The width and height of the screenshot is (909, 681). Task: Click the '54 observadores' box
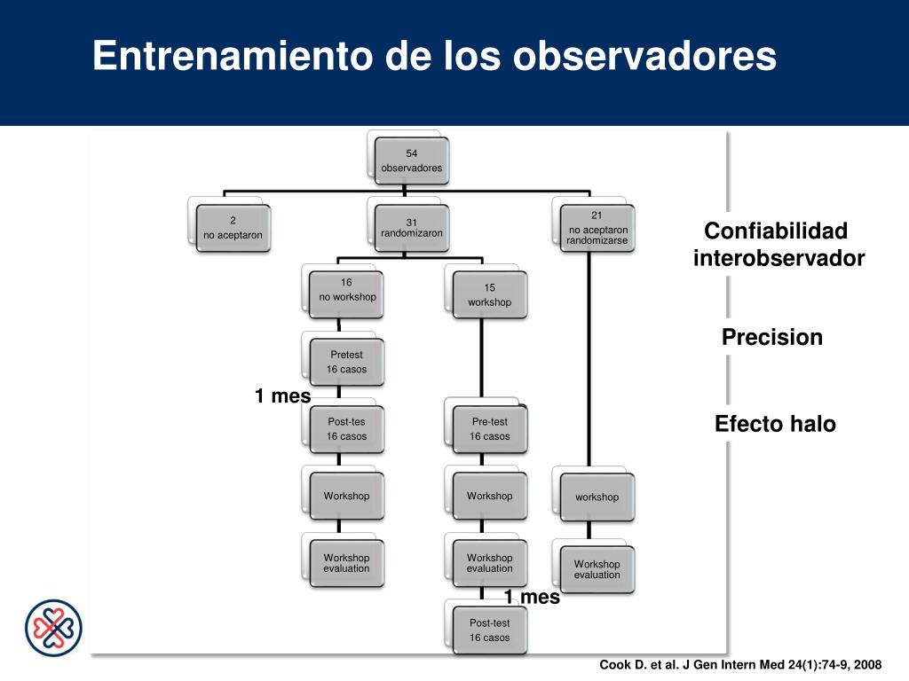(x=411, y=160)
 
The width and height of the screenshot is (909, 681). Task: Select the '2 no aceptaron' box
(x=233, y=229)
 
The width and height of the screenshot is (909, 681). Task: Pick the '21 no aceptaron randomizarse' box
(x=597, y=228)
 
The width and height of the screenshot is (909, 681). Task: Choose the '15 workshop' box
(x=489, y=296)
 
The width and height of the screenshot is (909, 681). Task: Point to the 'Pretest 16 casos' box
(x=346, y=362)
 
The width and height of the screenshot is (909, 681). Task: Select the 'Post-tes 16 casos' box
(x=346, y=429)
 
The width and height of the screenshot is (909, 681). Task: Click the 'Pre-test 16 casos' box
(x=489, y=429)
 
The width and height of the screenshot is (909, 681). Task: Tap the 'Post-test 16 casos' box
(x=489, y=630)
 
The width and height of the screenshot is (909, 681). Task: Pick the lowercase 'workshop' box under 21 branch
(x=597, y=497)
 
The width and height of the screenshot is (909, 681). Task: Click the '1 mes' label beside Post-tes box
(x=282, y=396)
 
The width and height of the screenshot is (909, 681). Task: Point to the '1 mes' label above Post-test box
(x=532, y=598)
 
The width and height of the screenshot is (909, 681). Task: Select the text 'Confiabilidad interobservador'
(x=778, y=245)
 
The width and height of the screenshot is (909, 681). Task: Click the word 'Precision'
(x=771, y=338)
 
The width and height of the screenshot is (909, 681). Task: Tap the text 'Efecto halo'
(x=775, y=424)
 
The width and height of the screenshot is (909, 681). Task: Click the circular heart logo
(x=52, y=628)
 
